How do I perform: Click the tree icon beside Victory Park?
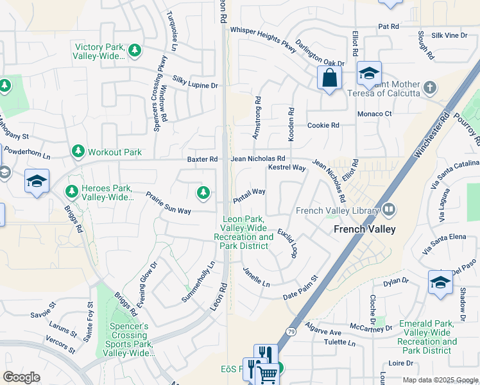pyautogui.click(x=134, y=50)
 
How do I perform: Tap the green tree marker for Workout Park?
pyautogui.click(x=78, y=152)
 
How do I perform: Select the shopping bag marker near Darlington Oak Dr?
pyautogui.click(x=329, y=79)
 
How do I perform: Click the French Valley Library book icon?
pyautogui.click(x=388, y=210)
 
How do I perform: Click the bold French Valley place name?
pyautogui.click(x=364, y=229)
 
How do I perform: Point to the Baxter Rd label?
pyautogui.click(x=202, y=159)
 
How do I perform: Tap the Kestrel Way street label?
pyautogui.click(x=286, y=167)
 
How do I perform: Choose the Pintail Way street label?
pyautogui.click(x=249, y=195)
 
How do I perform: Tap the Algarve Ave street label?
pyautogui.click(x=323, y=332)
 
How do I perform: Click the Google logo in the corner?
pyautogui.click(x=21, y=377)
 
